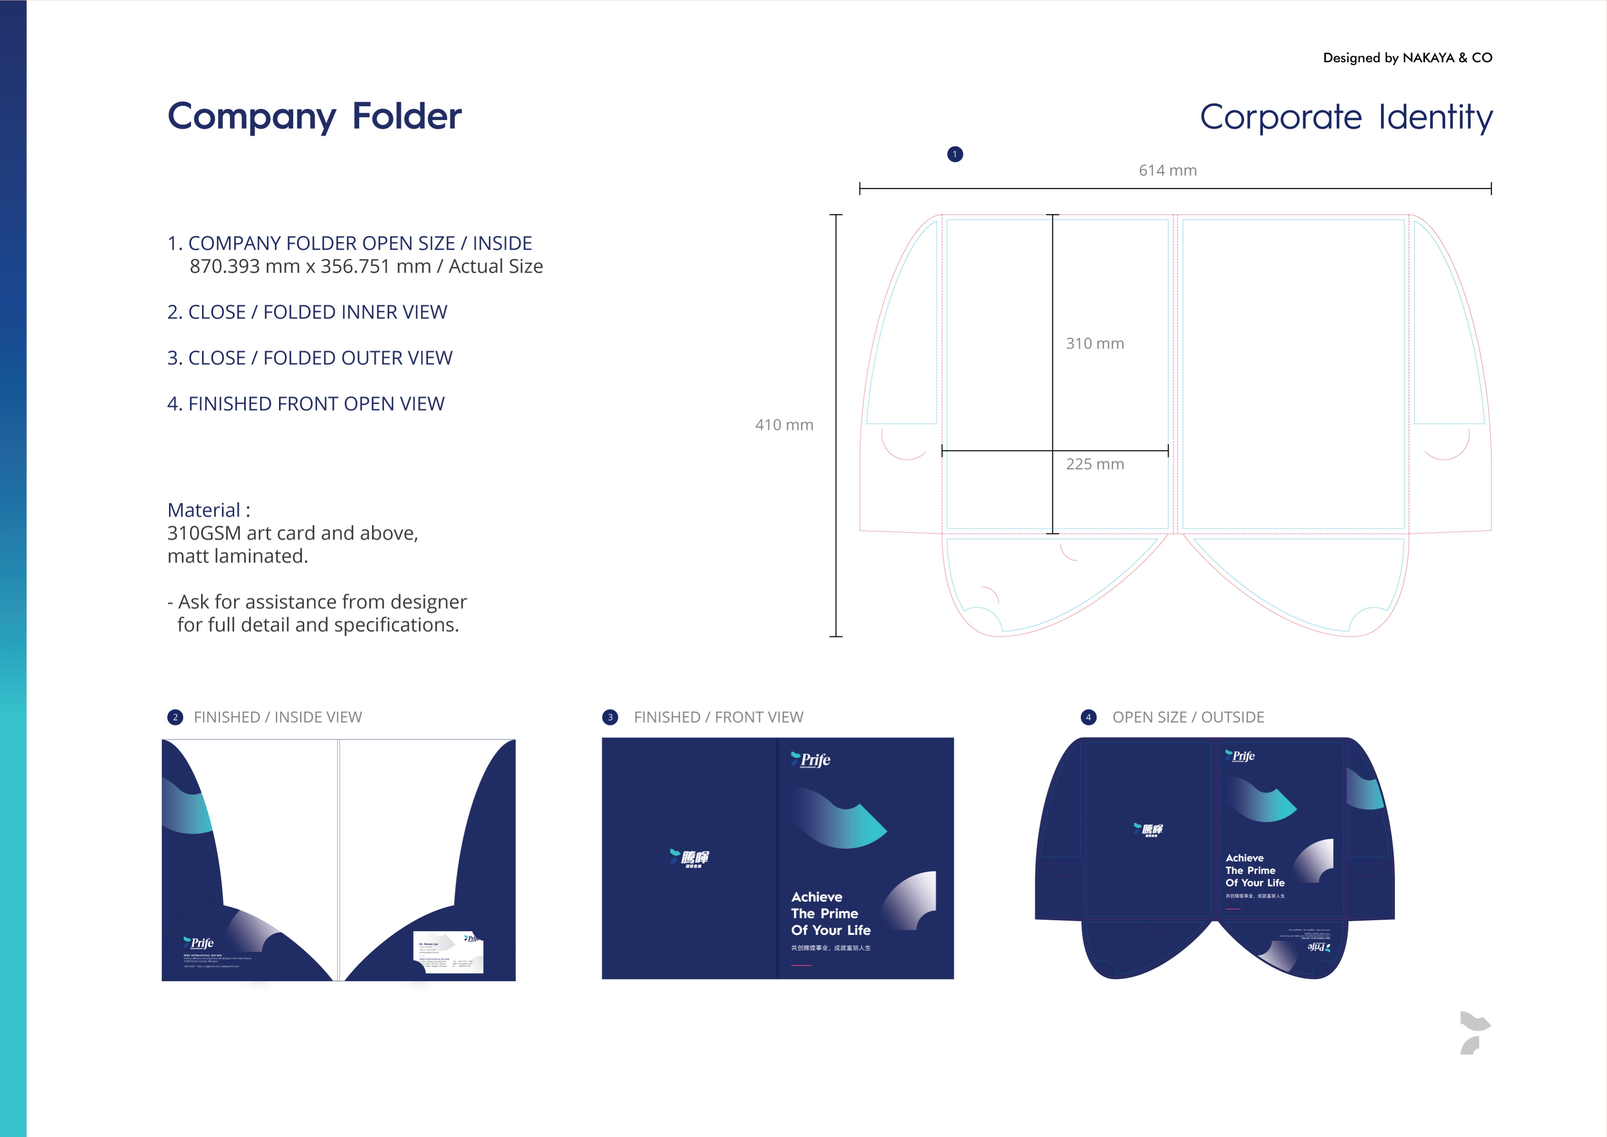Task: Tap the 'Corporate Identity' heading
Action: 1346,117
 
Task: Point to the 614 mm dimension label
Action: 1167,170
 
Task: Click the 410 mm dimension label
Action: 784,425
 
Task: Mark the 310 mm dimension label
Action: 1095,344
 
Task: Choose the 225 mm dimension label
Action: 1095,464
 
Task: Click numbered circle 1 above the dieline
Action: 955,154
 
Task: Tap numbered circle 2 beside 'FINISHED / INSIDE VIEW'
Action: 175,717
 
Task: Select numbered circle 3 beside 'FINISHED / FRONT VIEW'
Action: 610,717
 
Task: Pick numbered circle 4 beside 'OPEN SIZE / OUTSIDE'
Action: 1088,717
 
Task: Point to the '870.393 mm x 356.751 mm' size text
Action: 310,267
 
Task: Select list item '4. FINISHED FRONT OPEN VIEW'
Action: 306,404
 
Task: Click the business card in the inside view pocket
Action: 448,952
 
